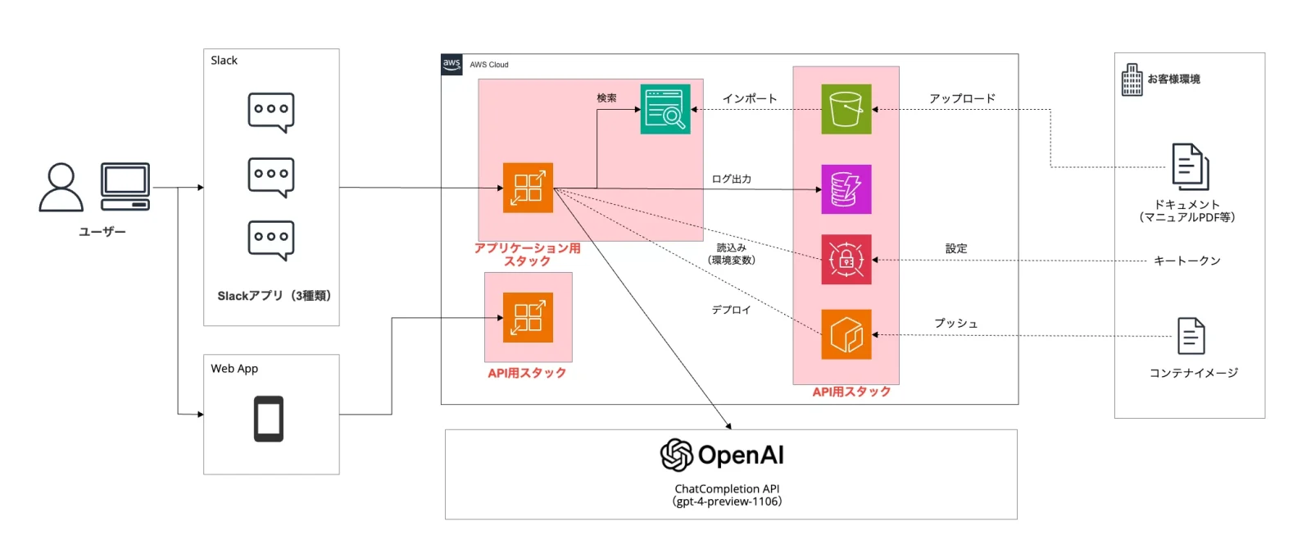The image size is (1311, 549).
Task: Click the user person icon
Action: tap(61, 187)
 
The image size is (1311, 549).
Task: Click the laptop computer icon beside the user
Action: tap(125, 186)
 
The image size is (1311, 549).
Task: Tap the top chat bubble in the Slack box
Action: tap(271, 111)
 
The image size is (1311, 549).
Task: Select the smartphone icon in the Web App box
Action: tap(269, 419)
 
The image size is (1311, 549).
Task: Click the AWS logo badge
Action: tap(451, 65)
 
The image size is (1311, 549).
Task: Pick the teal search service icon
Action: tap(665, 109)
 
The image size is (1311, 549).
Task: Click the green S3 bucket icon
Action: tap(846, 109)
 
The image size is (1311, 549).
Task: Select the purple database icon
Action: tap(846, 189)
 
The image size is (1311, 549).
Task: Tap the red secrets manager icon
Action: tap(846, 260)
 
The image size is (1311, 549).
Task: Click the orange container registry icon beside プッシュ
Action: tap(846, 334)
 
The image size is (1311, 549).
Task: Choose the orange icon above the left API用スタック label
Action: tap(528, 318)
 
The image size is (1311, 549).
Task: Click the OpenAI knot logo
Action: tap(677, 455)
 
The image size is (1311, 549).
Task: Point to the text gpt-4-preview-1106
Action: tap(728, 501)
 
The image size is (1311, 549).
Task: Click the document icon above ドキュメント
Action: tap(1190, 166)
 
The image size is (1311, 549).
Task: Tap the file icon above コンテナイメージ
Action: tap(1191, 336)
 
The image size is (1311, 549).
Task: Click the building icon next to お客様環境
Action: tap(1132, 79)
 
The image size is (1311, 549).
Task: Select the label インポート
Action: tap(750, 98)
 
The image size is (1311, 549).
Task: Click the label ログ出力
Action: tap(732, 179)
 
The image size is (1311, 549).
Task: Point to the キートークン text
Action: tap(1187, 261)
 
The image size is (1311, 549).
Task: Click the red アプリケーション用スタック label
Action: tap(528, 254)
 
